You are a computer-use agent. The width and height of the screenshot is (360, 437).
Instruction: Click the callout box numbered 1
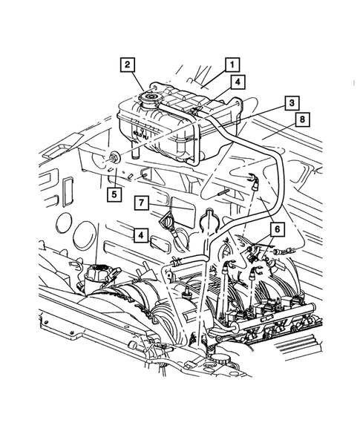232,64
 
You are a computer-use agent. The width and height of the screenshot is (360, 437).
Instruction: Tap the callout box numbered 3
293,102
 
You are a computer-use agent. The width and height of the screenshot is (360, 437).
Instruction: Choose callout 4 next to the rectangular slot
139,235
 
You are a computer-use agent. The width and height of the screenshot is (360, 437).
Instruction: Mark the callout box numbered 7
141,202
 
